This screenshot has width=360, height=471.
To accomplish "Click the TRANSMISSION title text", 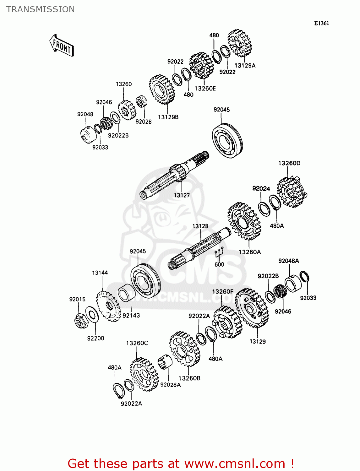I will (41, 9).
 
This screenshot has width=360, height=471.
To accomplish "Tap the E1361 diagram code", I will (321, 23).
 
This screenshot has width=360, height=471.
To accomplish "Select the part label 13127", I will (182, 195).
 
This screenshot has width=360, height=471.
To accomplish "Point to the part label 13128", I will (200, 226).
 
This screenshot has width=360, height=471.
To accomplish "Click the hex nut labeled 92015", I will (79, 321).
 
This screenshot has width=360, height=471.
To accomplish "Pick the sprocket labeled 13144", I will (108, 306).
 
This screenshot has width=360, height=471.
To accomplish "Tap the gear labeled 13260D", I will (291, 192).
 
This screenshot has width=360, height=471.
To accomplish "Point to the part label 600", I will (219, 264).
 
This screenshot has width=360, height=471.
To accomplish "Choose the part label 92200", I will (95, 338).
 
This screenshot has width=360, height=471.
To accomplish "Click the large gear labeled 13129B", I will (162, 89).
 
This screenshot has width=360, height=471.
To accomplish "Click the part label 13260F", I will (222, 292).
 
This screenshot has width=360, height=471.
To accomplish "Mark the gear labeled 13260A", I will (244, 221).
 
